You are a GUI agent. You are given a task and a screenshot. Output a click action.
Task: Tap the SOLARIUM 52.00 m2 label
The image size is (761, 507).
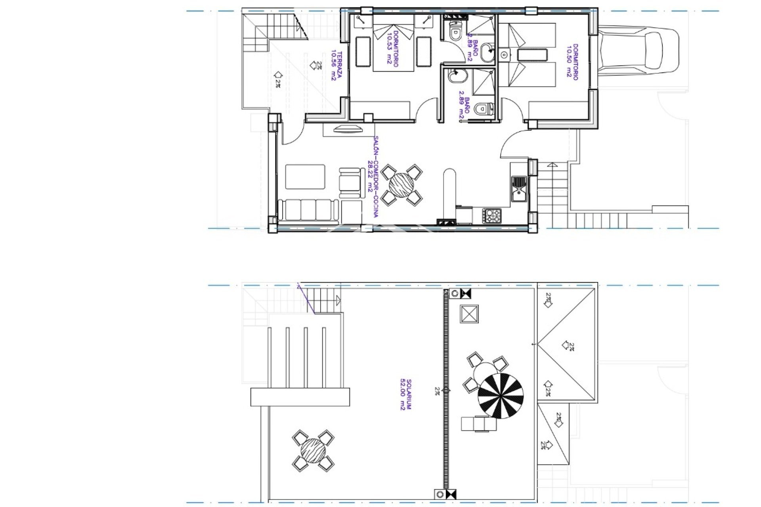pos(405,395)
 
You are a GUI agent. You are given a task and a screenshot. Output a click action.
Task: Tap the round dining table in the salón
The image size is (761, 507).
pos(401,185)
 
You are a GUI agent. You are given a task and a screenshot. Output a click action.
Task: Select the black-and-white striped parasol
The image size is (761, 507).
pos(501,396)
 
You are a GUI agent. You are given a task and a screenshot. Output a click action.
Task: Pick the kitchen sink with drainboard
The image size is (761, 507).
pos(518,189)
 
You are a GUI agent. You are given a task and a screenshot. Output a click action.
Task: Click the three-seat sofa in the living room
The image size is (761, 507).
pos(308,210)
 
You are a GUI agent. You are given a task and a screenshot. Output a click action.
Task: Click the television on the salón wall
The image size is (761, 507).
pos(348,129)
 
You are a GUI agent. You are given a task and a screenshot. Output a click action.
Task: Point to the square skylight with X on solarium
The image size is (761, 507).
pos(469,314)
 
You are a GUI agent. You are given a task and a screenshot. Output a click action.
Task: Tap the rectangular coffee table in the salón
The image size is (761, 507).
pos(305,177)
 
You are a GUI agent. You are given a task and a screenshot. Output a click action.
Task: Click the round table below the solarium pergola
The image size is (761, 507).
pos(313,450)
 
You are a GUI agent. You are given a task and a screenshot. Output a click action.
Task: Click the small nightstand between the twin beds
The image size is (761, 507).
pos(504,55)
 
